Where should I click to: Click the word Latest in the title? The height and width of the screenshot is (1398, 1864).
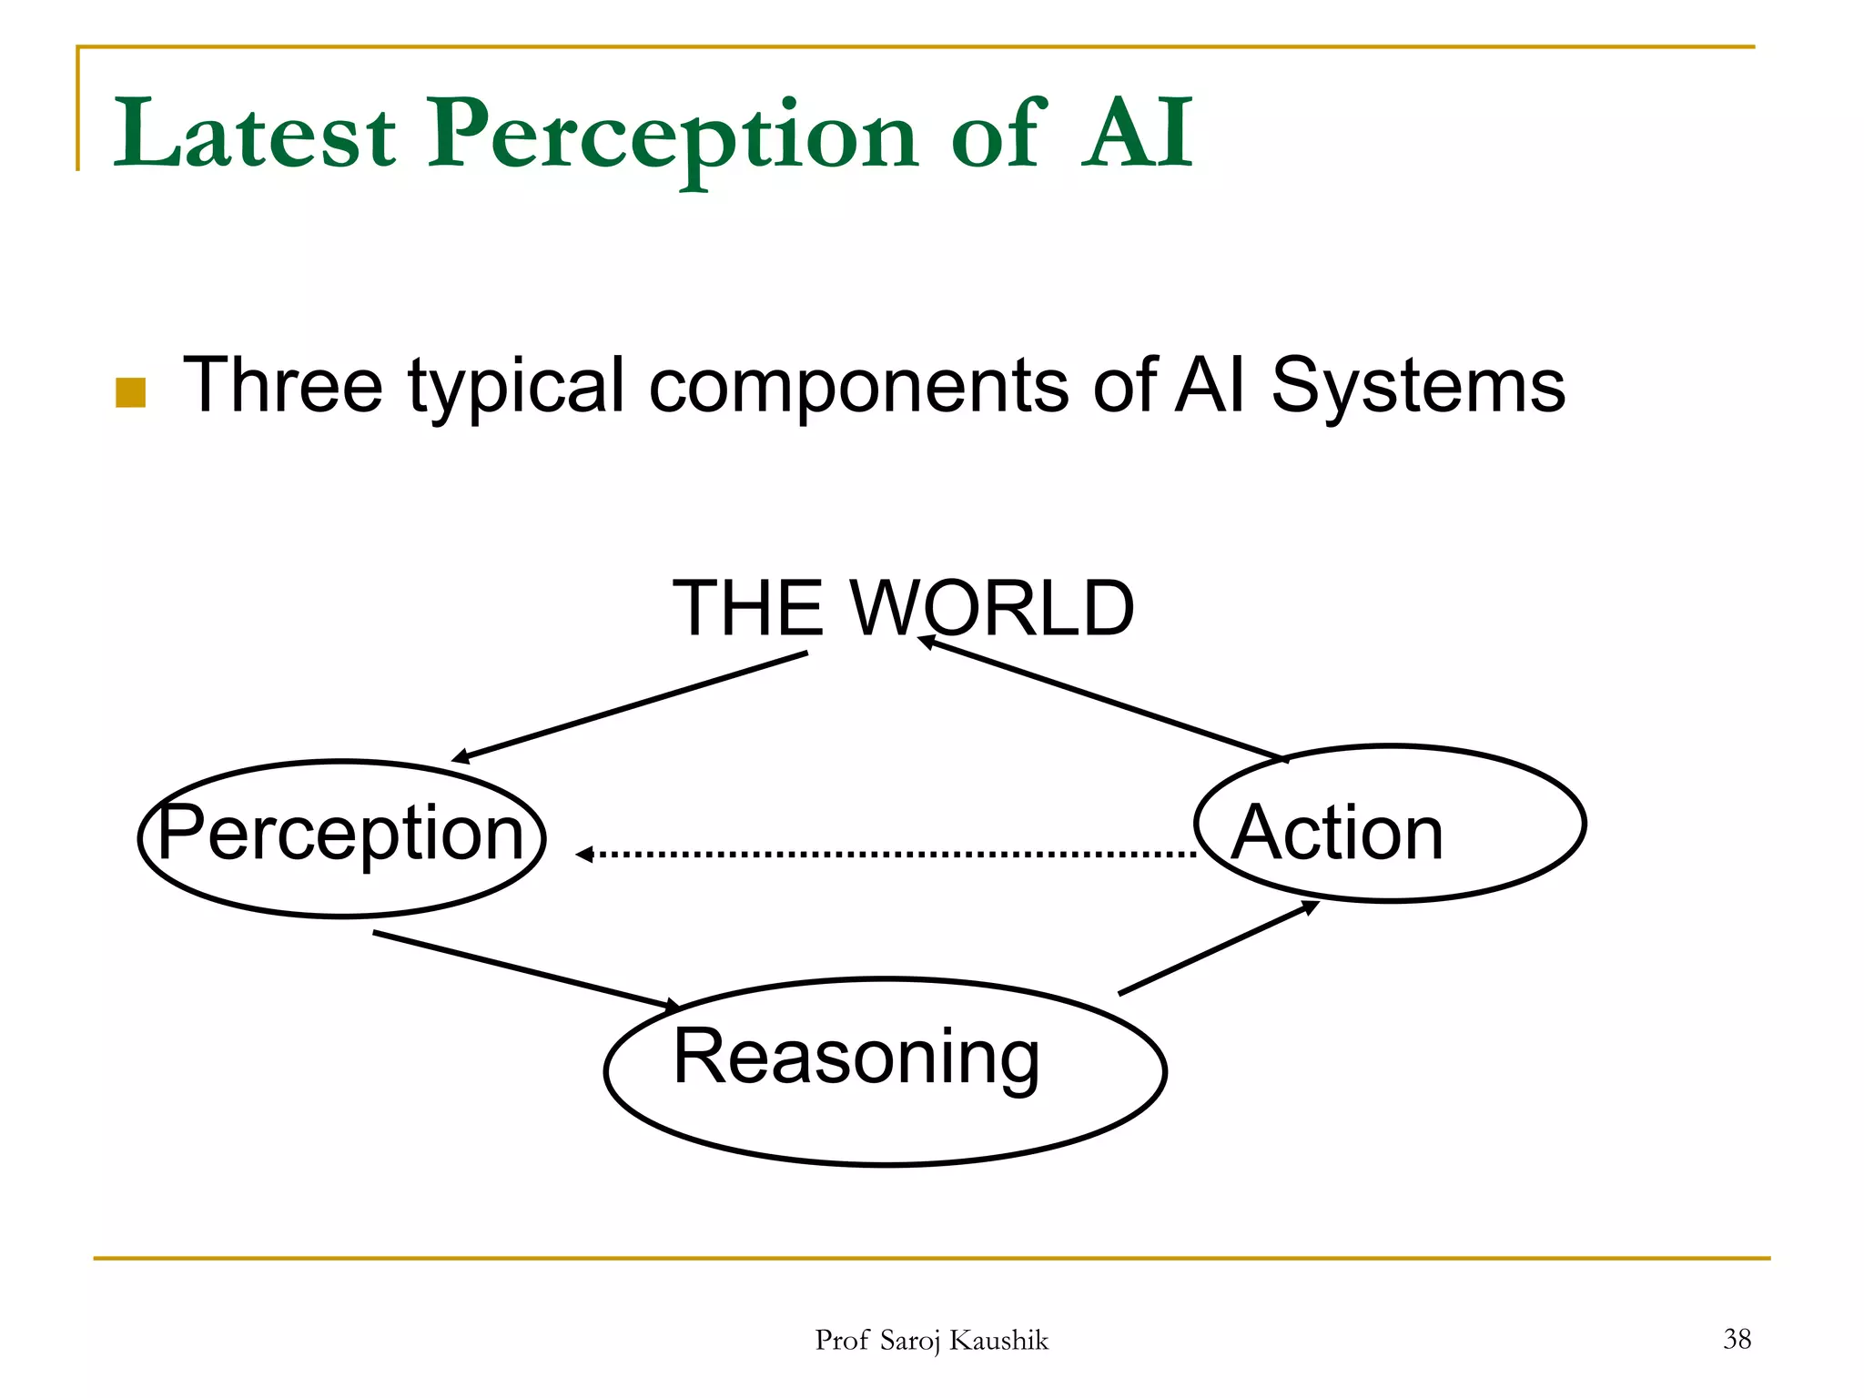(255, 135)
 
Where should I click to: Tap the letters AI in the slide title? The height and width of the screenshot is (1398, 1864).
(1138, 135)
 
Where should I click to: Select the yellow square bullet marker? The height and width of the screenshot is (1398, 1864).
(131, 392)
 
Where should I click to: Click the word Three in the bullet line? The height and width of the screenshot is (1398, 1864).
(283, 386)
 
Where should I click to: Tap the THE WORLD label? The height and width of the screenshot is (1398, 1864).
(903, 608)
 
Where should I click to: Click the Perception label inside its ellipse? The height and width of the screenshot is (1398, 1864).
(340, 833)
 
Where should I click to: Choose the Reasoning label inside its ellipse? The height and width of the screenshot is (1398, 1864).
(856, 1057)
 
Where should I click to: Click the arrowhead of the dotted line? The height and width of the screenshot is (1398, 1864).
(585, 854)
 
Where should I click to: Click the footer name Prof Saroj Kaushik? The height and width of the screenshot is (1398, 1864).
(931, 1340)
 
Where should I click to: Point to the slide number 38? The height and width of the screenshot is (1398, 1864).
(1737, 1338)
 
